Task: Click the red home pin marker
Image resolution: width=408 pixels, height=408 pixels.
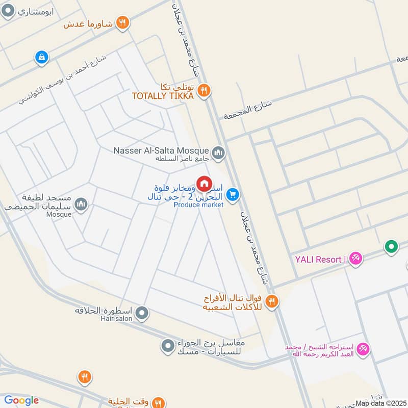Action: point(204,184)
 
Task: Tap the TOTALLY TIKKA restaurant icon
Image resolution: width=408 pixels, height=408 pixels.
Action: point(204,90)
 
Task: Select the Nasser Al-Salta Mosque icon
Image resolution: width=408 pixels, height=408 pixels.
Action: point(219,152)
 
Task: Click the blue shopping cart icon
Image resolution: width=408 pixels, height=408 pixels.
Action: point(233,195)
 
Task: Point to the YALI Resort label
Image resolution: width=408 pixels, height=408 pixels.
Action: point(318,260)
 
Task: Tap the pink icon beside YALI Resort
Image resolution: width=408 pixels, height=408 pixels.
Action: point(355,259)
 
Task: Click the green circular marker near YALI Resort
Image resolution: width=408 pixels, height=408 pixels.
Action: point(391,247)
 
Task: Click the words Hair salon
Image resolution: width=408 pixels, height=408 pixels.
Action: point(116,319)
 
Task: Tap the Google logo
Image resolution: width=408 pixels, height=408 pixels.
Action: point(21,400)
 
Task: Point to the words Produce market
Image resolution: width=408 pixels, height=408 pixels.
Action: point(198,205)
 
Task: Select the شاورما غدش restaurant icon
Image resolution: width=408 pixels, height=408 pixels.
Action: point(122,22)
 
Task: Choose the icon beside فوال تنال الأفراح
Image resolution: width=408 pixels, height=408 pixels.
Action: point(271,302)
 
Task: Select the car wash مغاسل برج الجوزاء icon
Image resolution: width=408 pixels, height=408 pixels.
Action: point(167,347)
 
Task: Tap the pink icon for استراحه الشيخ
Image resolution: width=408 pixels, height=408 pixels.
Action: point(363,349)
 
